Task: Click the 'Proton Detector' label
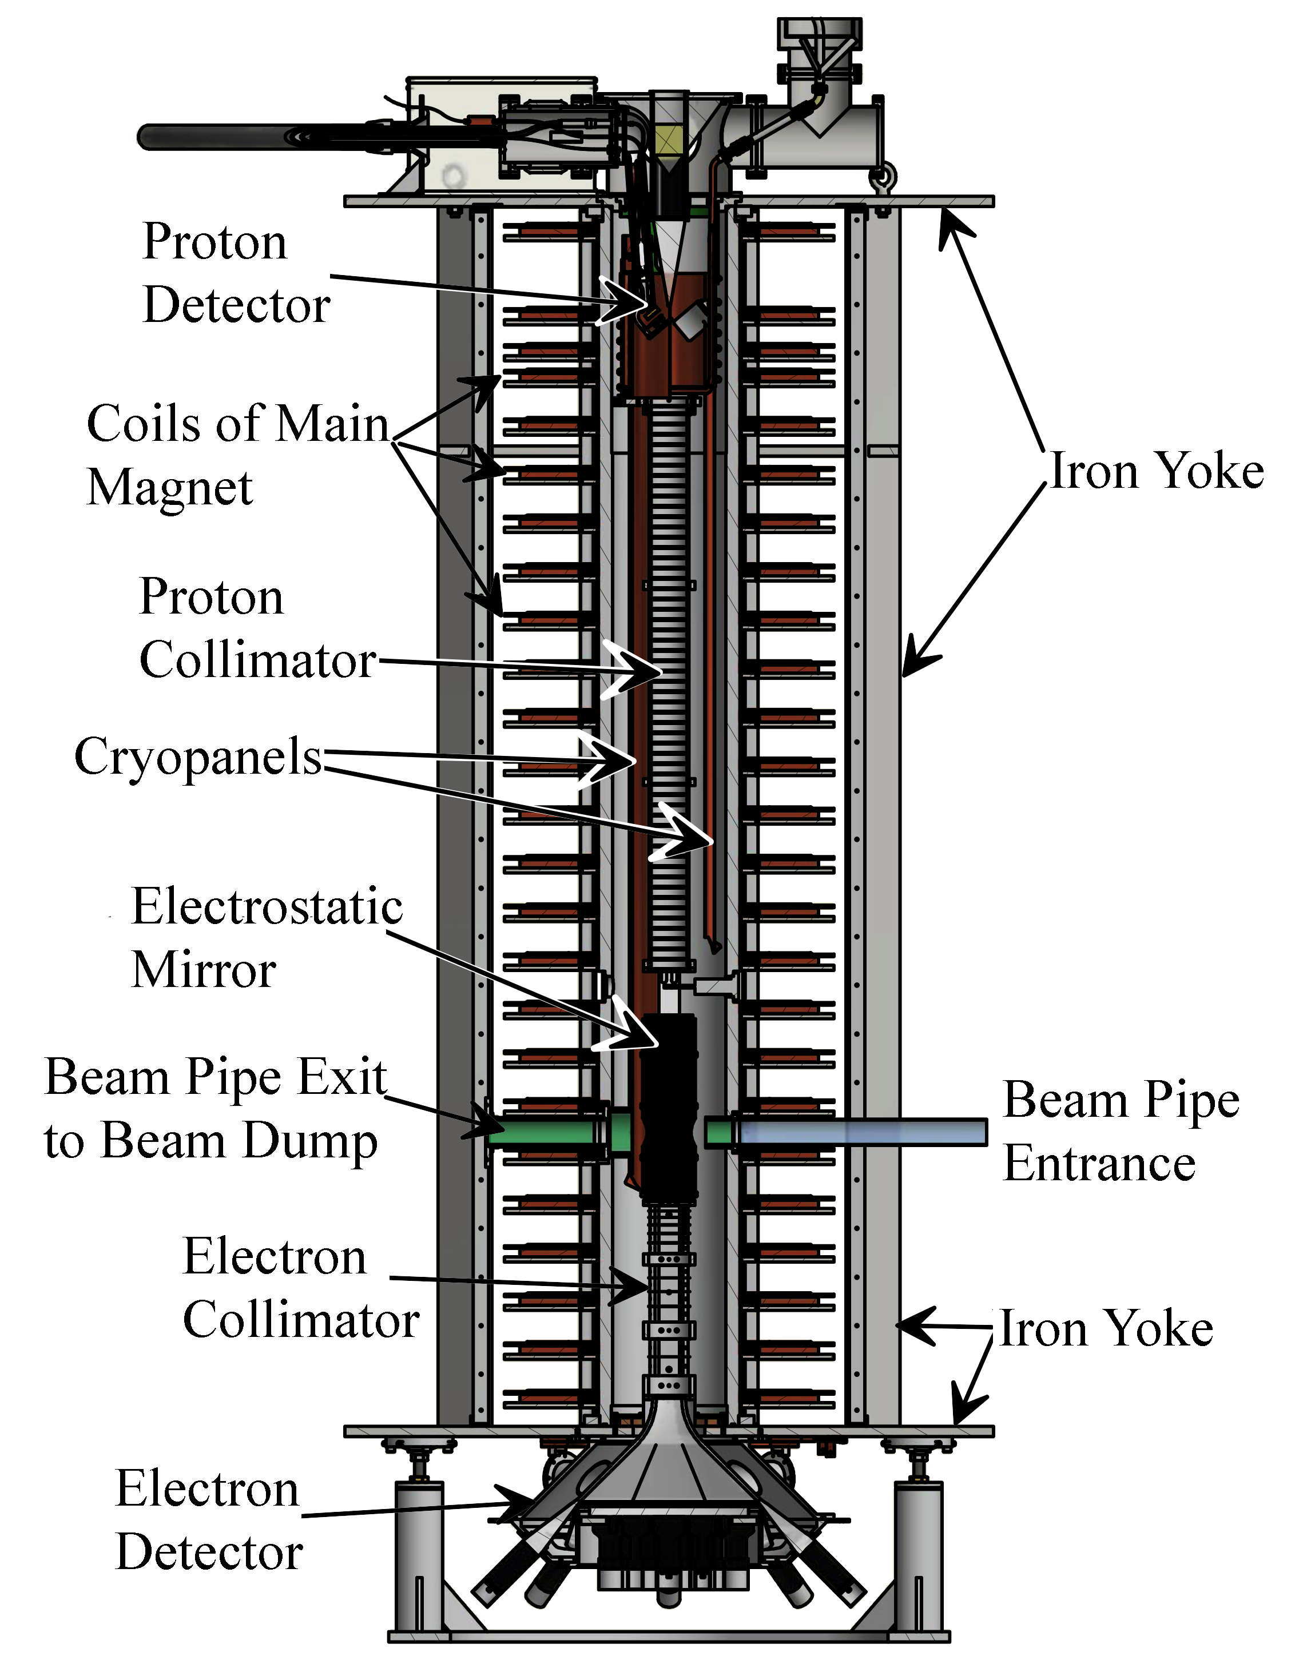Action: pos(236,273)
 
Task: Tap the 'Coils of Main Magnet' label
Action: pos(237,455)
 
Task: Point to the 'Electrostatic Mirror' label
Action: pos(267,938)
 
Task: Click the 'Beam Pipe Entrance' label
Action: pos(1121,1131)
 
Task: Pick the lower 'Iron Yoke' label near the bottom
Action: pos(1106,1328)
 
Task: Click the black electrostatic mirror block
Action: pos(668,1101)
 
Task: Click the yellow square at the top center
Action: pos(668,139)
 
